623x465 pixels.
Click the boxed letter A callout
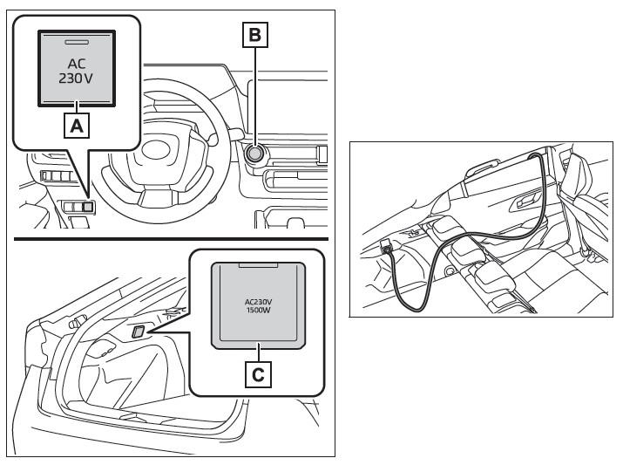point(77,126)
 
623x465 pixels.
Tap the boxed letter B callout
point(255,35)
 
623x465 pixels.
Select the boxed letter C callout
point(258,374)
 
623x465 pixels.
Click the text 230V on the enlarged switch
point(76,79)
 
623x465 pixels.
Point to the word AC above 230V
point(77,64)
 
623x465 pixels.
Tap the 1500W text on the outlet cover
point(258,310)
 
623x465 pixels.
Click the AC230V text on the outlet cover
point(258,302)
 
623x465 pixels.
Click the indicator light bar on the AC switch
point(77,41)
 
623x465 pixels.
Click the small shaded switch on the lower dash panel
point(88,207)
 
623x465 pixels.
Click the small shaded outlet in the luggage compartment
point(139,332)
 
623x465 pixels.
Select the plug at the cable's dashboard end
point(384,247)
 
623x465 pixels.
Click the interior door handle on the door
point(526,202)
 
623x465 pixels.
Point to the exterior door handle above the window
point(483,167)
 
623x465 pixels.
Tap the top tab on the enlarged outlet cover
point(258,265)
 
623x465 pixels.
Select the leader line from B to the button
point(255,96)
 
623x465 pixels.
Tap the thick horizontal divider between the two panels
point(172,239)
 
